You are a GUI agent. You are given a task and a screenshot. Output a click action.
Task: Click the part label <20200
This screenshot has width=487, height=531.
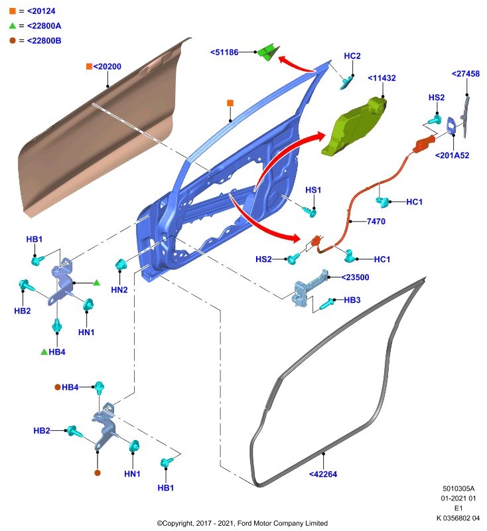[x=107, y=66]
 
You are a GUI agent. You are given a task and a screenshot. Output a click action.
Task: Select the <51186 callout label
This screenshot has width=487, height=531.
[x=224, y=52]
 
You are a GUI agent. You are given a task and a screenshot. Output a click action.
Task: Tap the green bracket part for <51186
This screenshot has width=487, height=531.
[x=268, y=52]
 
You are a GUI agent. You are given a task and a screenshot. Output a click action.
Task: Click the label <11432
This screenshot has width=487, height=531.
[x=382, y=78]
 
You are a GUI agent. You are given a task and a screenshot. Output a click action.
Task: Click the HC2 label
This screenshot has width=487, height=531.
[x=352, y=56]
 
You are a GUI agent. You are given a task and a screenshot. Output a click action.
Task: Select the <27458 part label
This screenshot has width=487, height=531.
[x=466, y=74]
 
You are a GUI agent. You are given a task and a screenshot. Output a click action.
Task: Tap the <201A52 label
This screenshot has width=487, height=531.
[x=452, y=155]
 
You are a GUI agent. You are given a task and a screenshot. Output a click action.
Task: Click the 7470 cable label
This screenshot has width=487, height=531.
[x=376, y=222]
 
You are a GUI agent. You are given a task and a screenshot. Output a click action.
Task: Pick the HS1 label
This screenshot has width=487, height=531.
[x=313, y=190]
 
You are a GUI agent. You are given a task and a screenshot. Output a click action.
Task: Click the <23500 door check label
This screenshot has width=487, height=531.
[x=355, y=277]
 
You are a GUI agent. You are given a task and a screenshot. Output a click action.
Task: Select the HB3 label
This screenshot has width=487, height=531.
[x=352, y=300]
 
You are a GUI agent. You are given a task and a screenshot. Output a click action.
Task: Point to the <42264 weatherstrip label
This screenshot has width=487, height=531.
[x=323, y=475]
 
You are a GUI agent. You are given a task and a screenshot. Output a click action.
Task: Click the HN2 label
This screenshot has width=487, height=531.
[x=119, y=290]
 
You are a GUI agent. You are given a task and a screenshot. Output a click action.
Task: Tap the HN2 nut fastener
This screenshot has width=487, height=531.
[x=121, y=264]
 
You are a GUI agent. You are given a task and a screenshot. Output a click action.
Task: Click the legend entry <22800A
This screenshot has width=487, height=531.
[x=44, y=26]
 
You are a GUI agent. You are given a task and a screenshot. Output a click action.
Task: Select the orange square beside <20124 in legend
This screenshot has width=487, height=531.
[x=13, y=11]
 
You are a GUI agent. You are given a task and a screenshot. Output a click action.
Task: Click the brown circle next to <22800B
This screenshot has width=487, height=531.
[x=13, y=40]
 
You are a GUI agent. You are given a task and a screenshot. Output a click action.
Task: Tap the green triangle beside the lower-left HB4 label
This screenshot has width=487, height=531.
[x=44, y=352]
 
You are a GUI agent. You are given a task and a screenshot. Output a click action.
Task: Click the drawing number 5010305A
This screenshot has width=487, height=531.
[x=458, y=489]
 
